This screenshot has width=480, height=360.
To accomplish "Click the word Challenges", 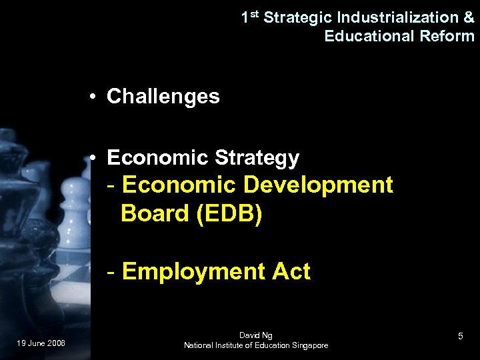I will click(163, 97).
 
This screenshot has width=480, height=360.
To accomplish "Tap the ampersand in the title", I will click(468, 17).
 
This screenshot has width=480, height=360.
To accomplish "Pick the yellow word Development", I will click(319, 185).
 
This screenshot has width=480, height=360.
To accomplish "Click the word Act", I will click(291, 272).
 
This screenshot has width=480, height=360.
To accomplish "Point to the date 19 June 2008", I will click(41, 343).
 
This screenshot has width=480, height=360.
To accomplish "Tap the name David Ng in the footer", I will click(255, 335).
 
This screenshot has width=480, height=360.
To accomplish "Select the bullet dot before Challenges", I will click(94, 97).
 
